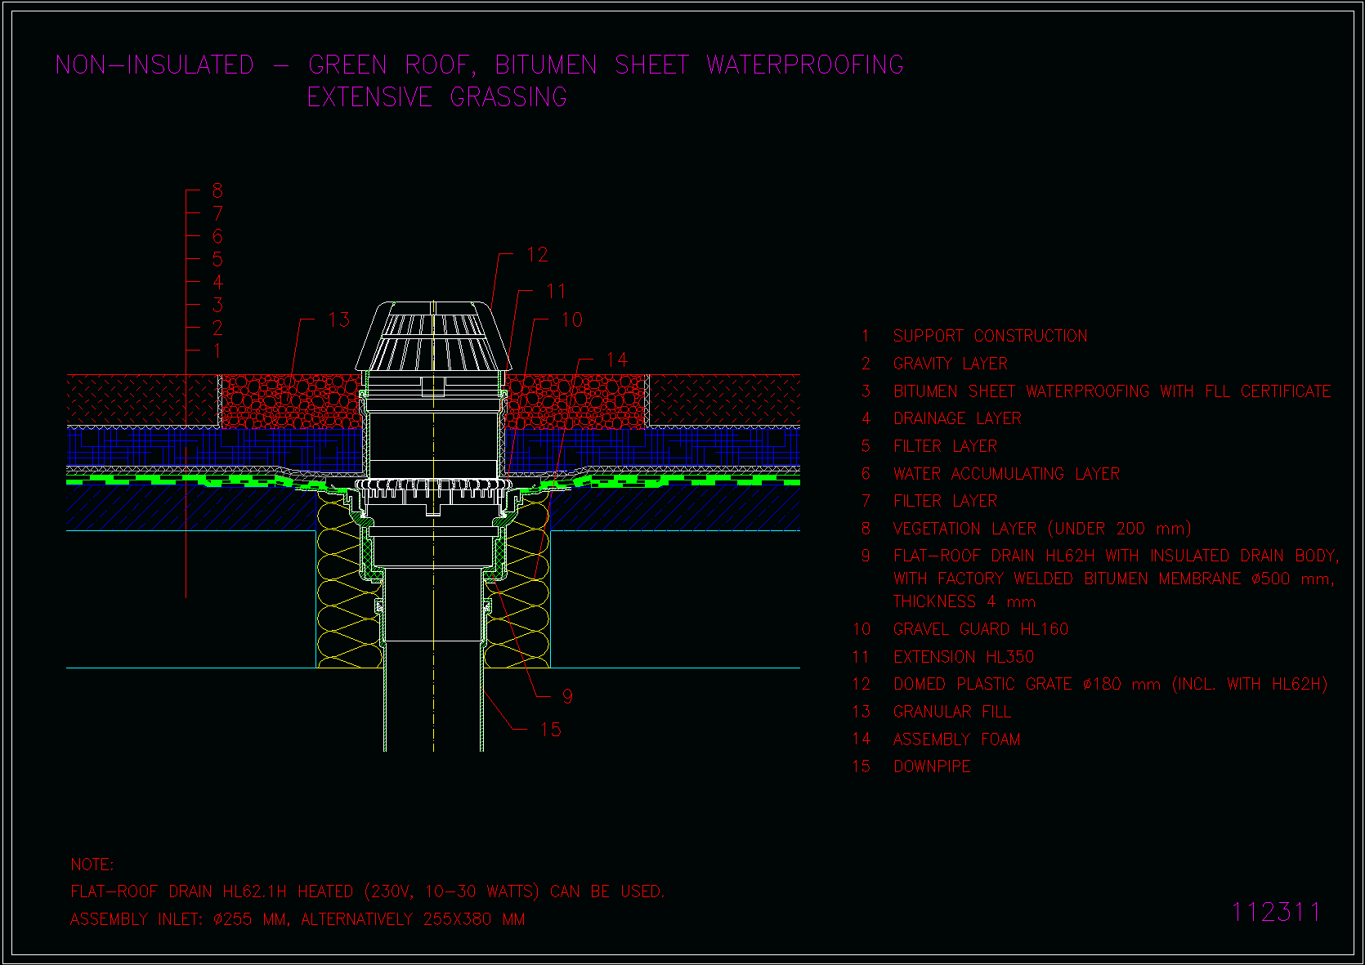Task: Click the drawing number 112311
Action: click(1276, 912)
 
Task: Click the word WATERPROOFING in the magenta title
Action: click(805, 65)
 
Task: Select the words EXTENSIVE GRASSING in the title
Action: click(437, 97)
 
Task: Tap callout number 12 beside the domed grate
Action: click(538, 255)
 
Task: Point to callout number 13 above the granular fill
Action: click(339, 319)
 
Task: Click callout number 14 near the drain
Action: click(616, 360)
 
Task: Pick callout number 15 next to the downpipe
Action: click(551, 730)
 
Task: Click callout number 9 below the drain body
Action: click(568, 696)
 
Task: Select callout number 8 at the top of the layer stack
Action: click(217, 190)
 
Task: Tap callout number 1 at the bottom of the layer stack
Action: click(217, 351)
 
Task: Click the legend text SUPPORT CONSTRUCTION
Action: click(990, 336)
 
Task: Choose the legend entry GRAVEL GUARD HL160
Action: click(981, 628)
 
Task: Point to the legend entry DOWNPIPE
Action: click(932, 766)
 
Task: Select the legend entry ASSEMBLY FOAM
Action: click(956, 739)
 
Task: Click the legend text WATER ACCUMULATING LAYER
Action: click(1007, 473)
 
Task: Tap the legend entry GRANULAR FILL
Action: click(952, 712)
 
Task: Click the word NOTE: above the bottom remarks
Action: click(92, 864)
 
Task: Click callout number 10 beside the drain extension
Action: click(571, 319)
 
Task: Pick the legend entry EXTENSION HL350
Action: click(964, 657)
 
